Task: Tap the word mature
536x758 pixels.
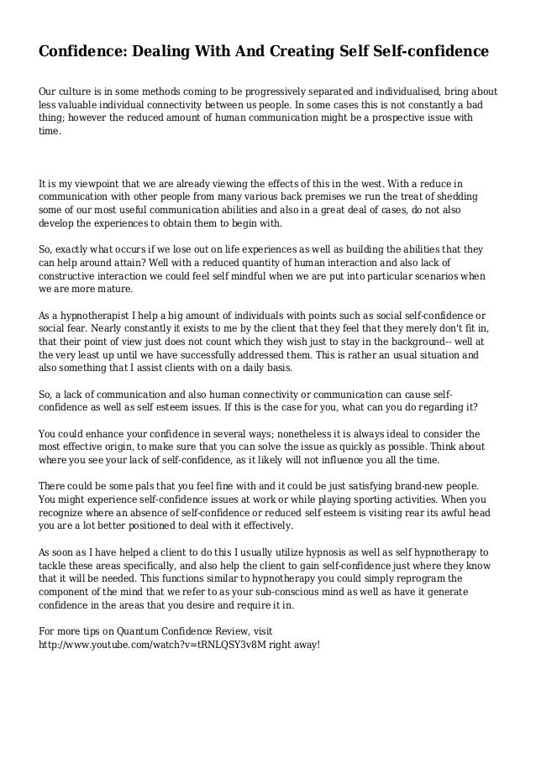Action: (116, 290)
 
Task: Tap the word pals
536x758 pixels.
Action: (154, 486)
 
